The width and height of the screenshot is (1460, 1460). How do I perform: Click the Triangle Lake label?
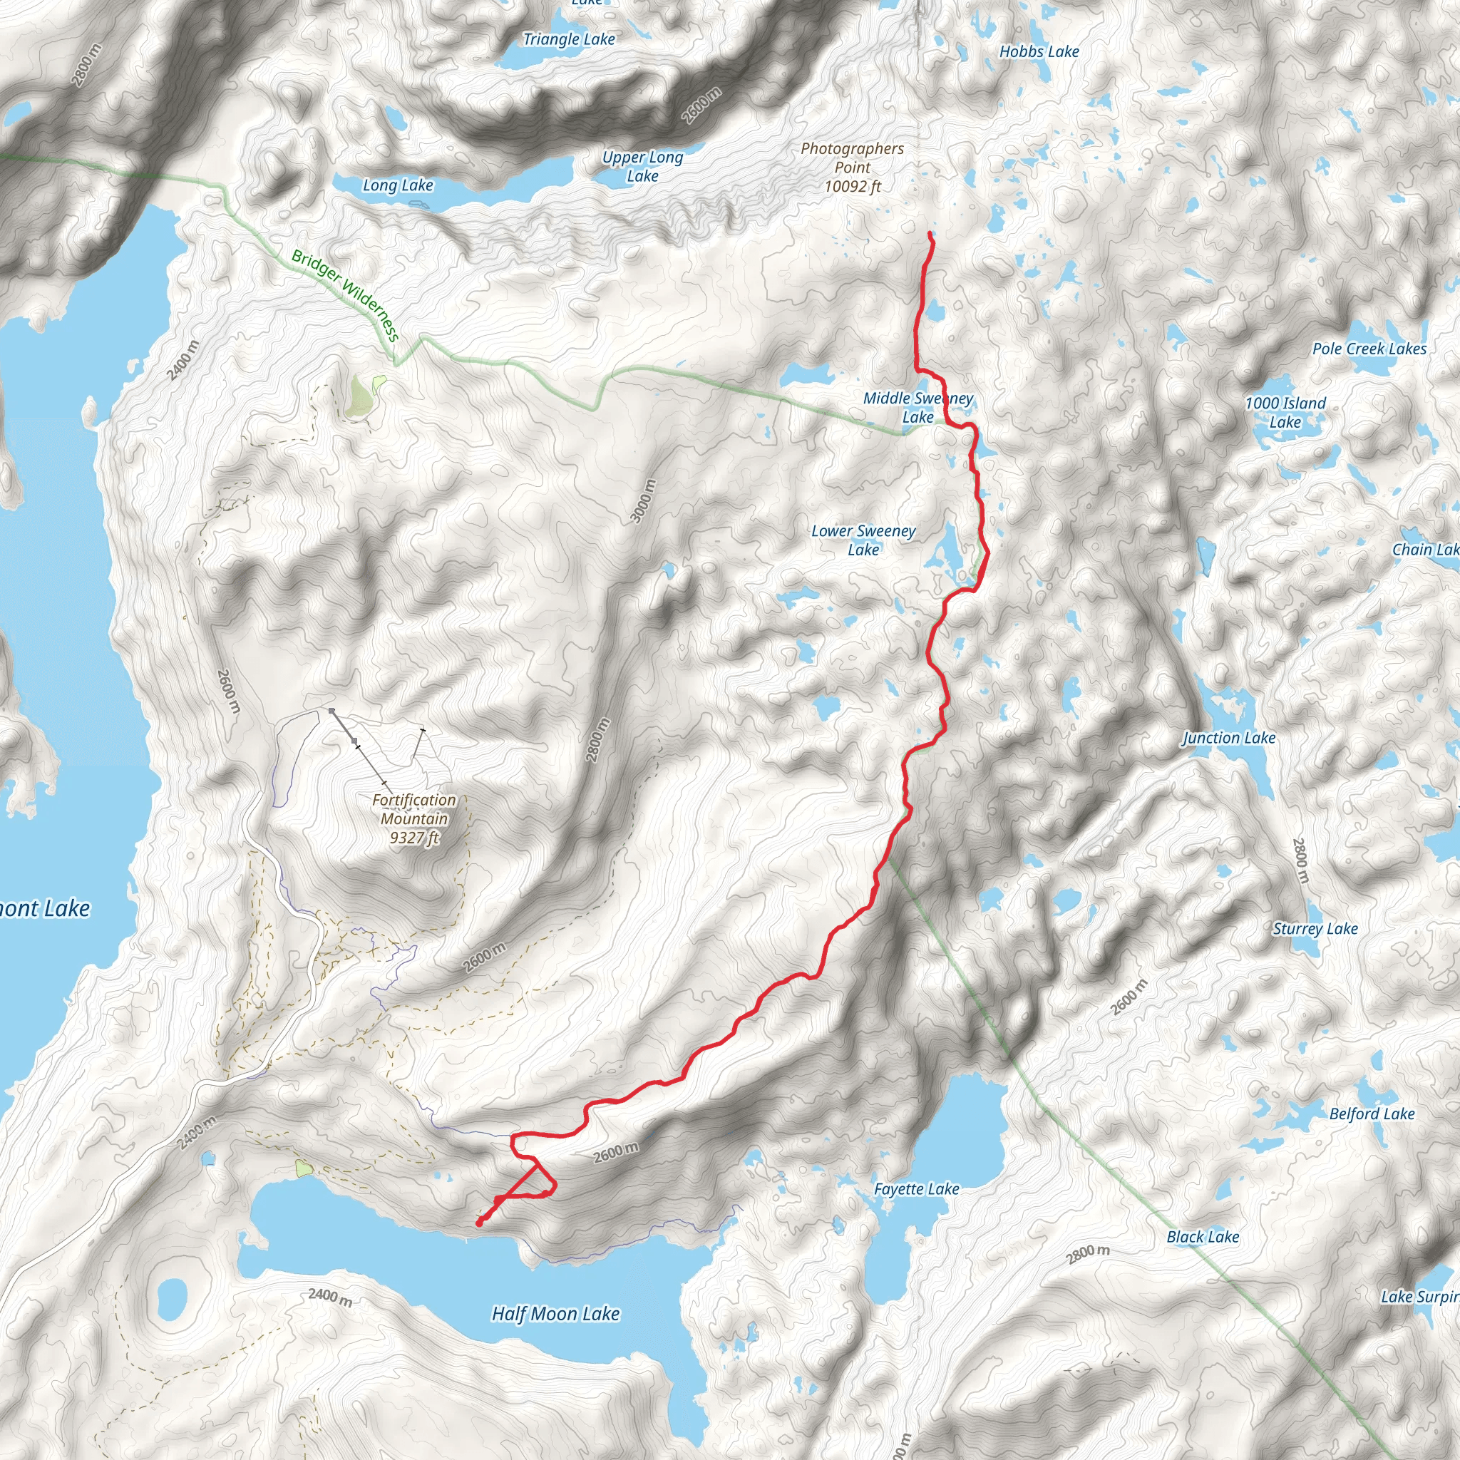tap(569, 39)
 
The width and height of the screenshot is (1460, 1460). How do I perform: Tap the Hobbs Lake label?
tap(1039, 51)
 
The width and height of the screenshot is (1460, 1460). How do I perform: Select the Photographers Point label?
tap(853, 167)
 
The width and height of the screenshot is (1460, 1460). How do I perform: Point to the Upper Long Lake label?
tap(642, 166)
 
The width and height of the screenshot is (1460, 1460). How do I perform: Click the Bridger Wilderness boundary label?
tap(344, 294)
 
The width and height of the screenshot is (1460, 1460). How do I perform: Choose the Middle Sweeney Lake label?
tap(918, 407)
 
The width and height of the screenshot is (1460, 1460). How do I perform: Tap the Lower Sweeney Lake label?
tap(863, 540)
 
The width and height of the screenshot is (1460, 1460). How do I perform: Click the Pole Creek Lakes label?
tap(1369, 349)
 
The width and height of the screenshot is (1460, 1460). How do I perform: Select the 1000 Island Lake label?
tap(1285, 413)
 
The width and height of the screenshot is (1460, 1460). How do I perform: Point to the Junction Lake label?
tap(1229, 738)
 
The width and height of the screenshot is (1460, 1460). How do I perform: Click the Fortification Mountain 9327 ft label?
tap(414, 818)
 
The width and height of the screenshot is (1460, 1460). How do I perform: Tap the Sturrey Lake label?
tap(1315, 929)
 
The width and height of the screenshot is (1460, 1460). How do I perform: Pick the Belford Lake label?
tap(1372, 1113)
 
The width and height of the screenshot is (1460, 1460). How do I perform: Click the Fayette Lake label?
tap(917, 1188)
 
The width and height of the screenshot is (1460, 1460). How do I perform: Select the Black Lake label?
tap(1203, 1236)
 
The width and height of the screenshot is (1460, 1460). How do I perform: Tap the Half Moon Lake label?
tap(555, 1314)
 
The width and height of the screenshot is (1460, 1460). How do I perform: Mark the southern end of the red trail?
tap(479, 1223)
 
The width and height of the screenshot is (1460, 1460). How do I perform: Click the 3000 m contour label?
tap(643, 501)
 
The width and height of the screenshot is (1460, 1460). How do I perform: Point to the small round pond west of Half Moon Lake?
tap(173, 1297)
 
